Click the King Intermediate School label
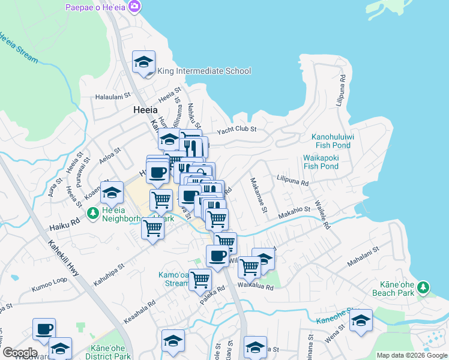pos(203,71)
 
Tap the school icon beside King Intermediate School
pos(144,62)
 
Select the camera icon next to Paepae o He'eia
pos(134,7)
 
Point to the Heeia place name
pos(145,110)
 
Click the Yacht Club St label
pos(237,129)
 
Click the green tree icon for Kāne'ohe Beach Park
pos(424,287)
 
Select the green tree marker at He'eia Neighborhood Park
pos(92,213)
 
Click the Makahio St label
pos(294,210)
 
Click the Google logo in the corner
pos(19,353)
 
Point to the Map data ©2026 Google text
pos(412,355)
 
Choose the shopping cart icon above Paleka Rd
pos(200,279)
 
